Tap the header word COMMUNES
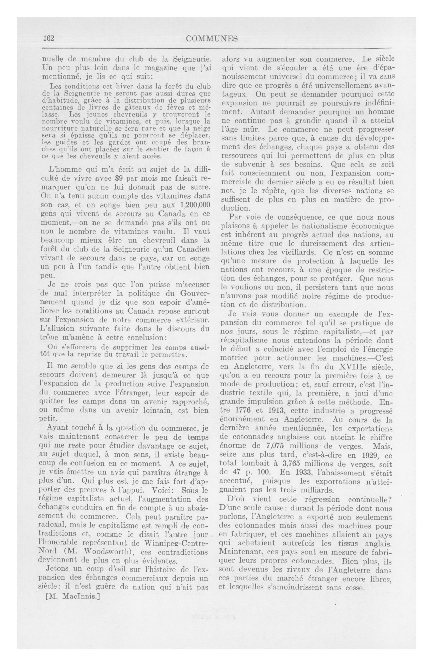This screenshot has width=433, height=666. [x=211, y=39]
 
